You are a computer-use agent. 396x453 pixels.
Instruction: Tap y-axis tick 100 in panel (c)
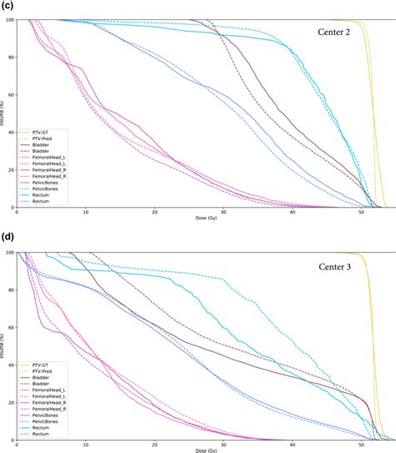8,19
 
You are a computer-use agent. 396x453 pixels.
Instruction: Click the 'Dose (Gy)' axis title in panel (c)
197,219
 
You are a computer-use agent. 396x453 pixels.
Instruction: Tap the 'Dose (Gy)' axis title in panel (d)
197,450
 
